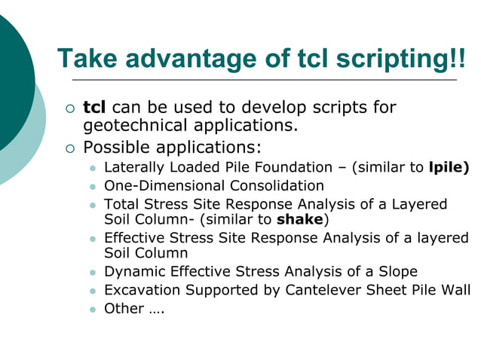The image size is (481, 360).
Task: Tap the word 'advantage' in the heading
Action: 179,58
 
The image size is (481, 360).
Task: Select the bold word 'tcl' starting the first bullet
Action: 94,107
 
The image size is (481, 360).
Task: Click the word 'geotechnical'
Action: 133,125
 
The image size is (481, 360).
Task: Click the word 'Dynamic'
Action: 132,271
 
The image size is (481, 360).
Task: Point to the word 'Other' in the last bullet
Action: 123,307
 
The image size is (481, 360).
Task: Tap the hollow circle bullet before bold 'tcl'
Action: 70,108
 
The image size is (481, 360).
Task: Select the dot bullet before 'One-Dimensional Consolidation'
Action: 93,186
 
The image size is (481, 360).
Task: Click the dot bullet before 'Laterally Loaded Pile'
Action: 93,168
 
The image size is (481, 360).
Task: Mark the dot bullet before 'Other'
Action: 93,308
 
